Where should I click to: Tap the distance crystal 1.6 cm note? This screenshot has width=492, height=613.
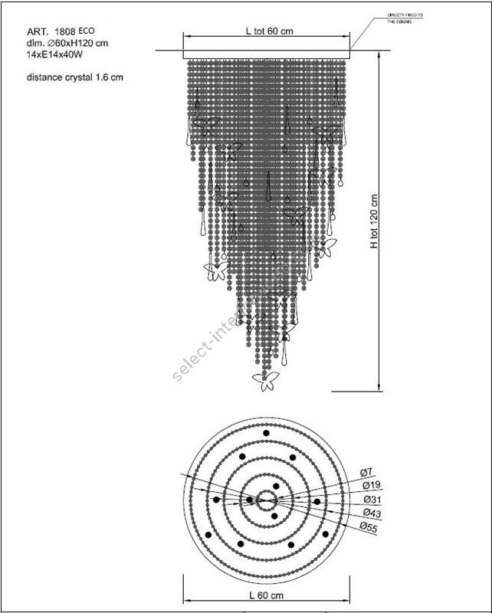(74, 77)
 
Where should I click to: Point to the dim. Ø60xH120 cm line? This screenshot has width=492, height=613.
(67, 44)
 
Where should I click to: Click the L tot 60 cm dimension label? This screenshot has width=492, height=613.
(269, 31)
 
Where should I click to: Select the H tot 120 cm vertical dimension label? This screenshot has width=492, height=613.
(375, 222)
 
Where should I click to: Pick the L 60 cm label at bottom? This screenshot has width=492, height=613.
(267, 595)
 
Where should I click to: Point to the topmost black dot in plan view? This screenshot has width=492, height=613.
(267, 434)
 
